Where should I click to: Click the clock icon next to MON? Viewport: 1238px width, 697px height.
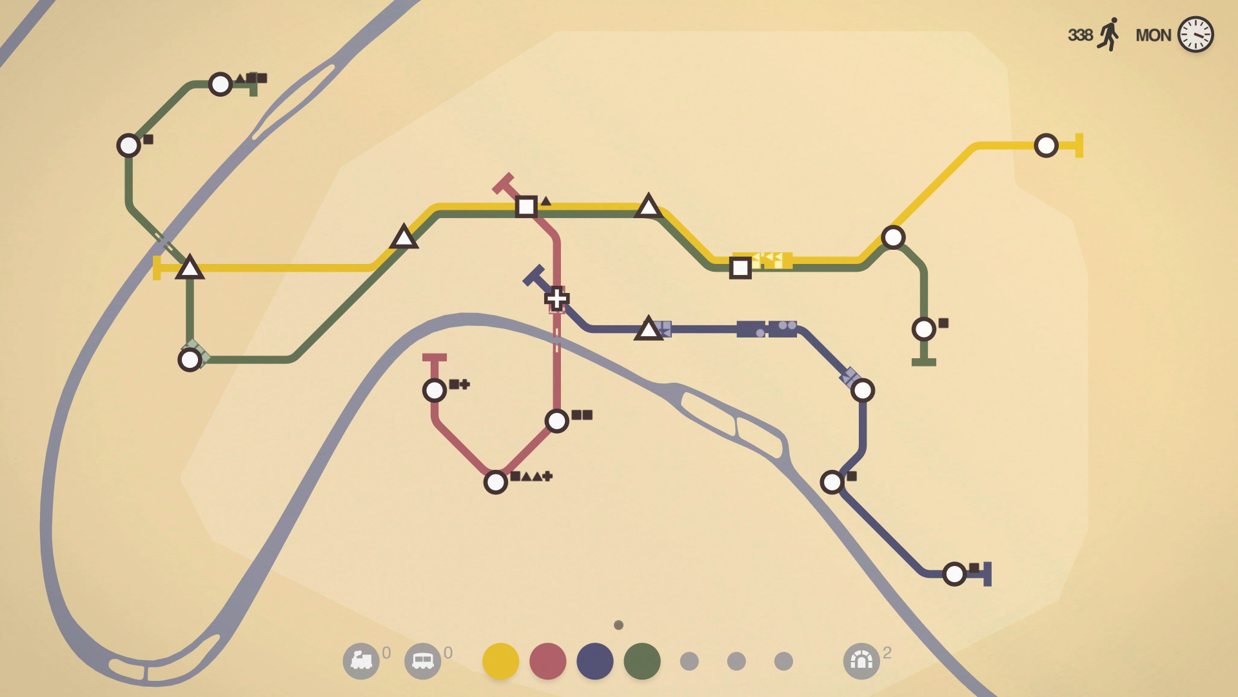tap(1195, 34)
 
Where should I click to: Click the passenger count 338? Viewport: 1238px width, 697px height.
tap(1080, 35)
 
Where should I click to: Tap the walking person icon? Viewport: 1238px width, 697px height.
tap(1109, 34)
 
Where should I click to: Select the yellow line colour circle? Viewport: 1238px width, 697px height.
tap(500, 661)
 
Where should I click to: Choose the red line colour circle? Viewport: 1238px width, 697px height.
tap(547, 661)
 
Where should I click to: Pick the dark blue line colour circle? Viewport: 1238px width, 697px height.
tap(594, 661)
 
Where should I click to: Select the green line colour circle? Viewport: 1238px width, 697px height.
tap(642, 661)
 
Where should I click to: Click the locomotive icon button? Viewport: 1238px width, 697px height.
tap(361, 661)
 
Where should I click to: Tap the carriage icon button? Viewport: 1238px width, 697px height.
tap(422, 661)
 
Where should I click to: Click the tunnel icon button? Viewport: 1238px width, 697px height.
tap(861, 661)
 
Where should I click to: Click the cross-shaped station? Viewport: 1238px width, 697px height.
tap(556, 298)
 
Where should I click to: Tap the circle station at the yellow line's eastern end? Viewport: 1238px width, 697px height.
tap(1046, 145)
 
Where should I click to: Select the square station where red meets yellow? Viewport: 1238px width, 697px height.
tap(526, 207)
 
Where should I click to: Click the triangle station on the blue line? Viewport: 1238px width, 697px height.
tap(648, 329)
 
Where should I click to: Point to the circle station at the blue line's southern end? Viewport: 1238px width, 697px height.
tap(954, 574)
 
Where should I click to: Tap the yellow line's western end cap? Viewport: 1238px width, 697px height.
tap(157, 267)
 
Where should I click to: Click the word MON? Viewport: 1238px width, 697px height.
tap(1153, 35)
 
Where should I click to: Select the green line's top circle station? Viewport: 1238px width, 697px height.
tap(221, 84)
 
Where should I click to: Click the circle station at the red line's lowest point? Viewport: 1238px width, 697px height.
tap(495, 482)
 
